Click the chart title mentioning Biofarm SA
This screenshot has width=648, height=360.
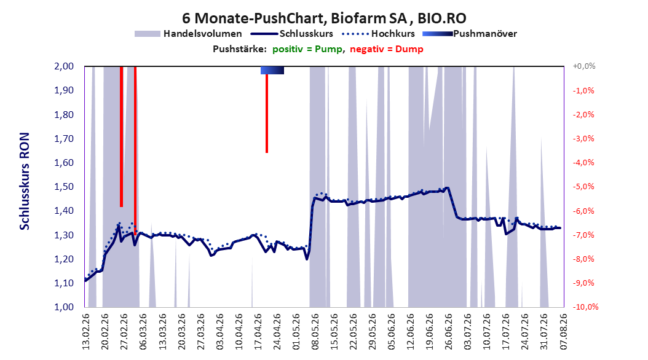324,18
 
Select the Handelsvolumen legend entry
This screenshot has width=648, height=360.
188,34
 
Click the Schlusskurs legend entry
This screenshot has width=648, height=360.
292,34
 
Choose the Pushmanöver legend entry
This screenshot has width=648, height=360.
470,34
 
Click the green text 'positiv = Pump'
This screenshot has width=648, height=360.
307,49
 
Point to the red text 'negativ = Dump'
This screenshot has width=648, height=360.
387,49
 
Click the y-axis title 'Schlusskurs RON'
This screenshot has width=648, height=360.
25,181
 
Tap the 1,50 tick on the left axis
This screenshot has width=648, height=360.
64,187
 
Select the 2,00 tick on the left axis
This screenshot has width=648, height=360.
64,66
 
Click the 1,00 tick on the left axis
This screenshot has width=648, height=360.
64,307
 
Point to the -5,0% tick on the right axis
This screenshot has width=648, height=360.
583,187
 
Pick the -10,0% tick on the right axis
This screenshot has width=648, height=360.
585,307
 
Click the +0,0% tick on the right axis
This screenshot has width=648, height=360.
584,66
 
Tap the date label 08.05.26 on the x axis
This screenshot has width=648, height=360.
315,332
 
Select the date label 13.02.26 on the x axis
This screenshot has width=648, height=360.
86,332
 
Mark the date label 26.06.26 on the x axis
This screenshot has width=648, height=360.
449,332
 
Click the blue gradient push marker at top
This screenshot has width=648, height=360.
272,70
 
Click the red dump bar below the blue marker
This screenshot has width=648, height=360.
267,114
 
